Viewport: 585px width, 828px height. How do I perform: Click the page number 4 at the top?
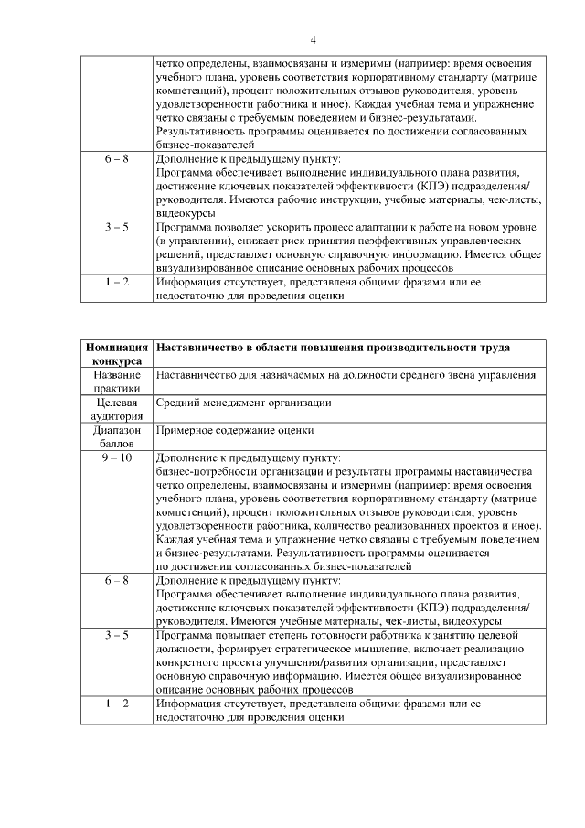tap(313, 40)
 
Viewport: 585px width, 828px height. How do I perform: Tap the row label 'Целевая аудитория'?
tap(117, 408)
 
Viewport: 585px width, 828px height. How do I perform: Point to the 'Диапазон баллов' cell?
tap(117, 435)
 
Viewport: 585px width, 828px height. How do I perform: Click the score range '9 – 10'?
tap(117, 457)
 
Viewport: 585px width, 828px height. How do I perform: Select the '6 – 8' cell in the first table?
tap(117, 158)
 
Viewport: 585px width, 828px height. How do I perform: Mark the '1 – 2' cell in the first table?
tap(117, 282)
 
